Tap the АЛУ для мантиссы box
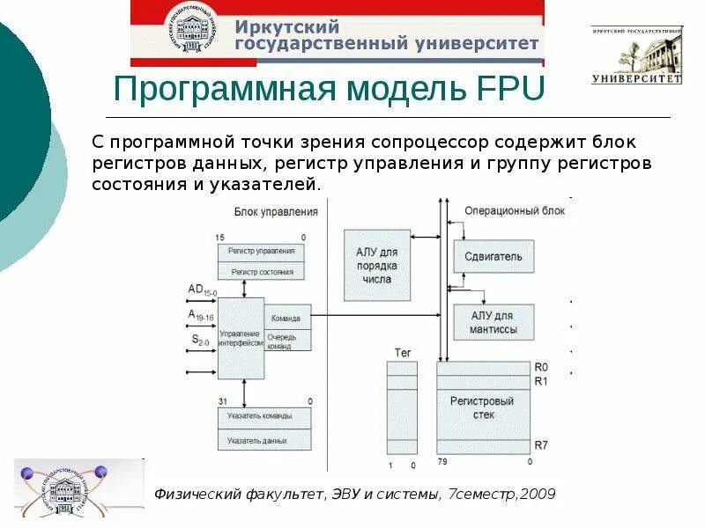click(x=493, y=323)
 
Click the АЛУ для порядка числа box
click(x=377, y=264)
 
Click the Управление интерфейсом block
click(x=241, y=338)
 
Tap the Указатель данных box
click(x=264, y=439)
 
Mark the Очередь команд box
click(x=288, y=341)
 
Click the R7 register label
click(x=541, y=445)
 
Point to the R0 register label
click(x=541, y=367)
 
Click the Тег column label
click(x=402, y=352)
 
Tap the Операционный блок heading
click(x=515, y=211)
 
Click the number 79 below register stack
click(x=442, y=462)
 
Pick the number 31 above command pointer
click(x=221, y=402)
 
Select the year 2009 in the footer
click(x=538, y=494)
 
